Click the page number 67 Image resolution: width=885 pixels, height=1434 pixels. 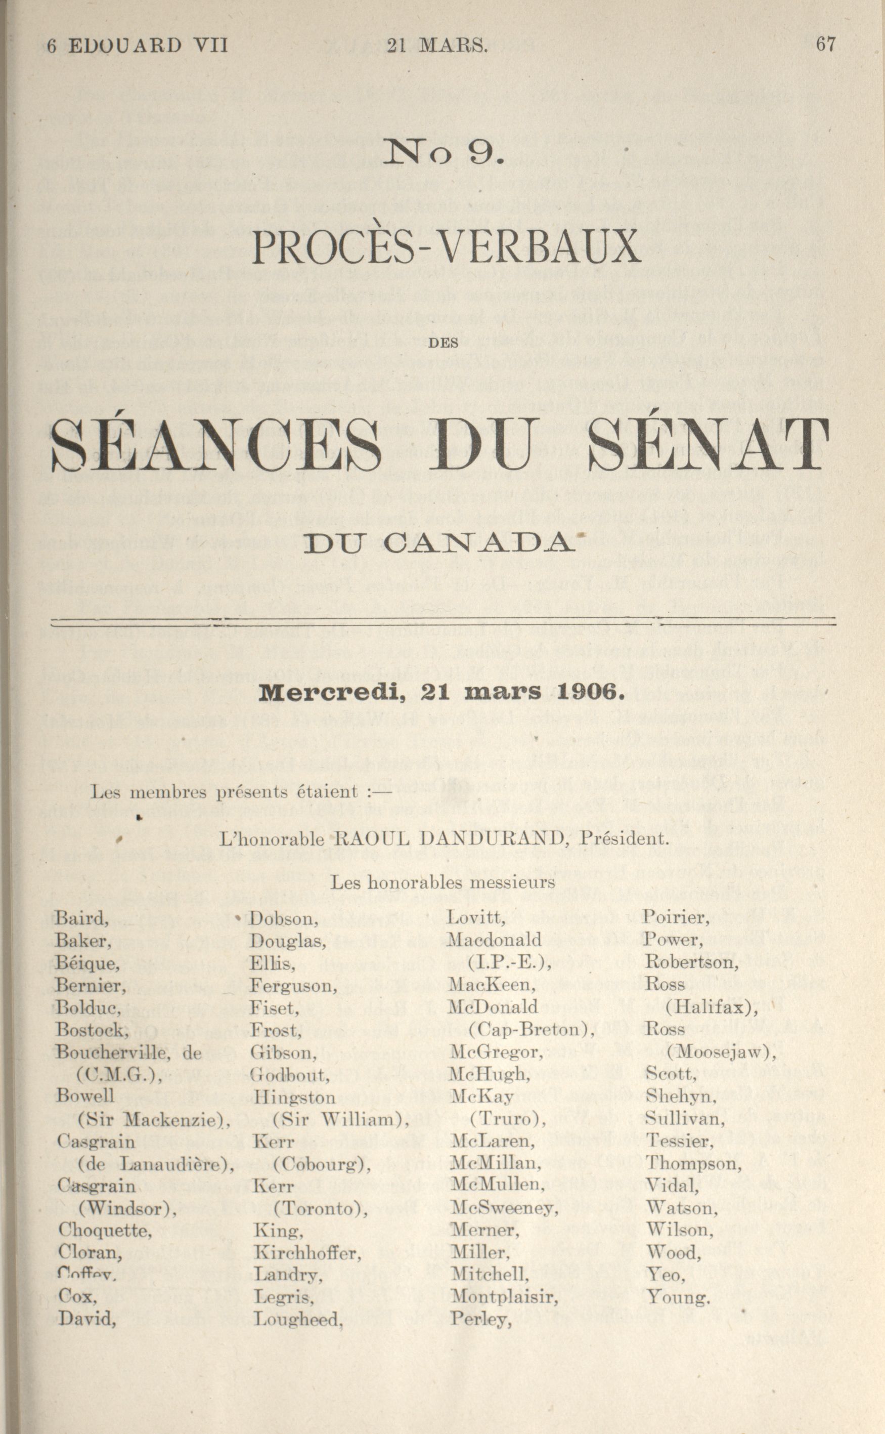pos(825,45)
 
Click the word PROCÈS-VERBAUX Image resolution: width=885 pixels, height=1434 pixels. pos(446,246)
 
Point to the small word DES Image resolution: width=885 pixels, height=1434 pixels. pos(442,344)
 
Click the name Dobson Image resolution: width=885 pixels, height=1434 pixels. pos(284,919)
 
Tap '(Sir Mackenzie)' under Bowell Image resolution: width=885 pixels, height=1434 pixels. pos(153,1120)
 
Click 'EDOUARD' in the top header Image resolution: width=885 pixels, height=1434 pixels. pos(125,46)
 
